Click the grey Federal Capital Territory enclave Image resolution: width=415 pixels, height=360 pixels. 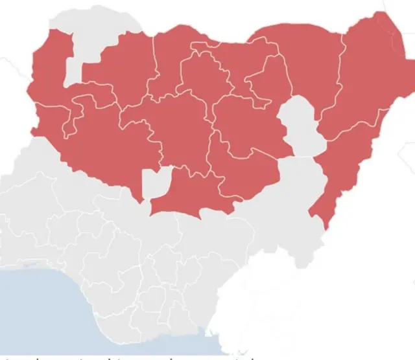pyautogui.click(x=156, y=183)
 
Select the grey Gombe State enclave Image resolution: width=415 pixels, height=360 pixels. pyautogui.click(x=298, y=126)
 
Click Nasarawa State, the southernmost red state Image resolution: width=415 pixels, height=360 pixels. pyautogui.click(x=195, y=194)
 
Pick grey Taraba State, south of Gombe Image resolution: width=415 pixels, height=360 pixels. pyautogui.click(x=292, y=201)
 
